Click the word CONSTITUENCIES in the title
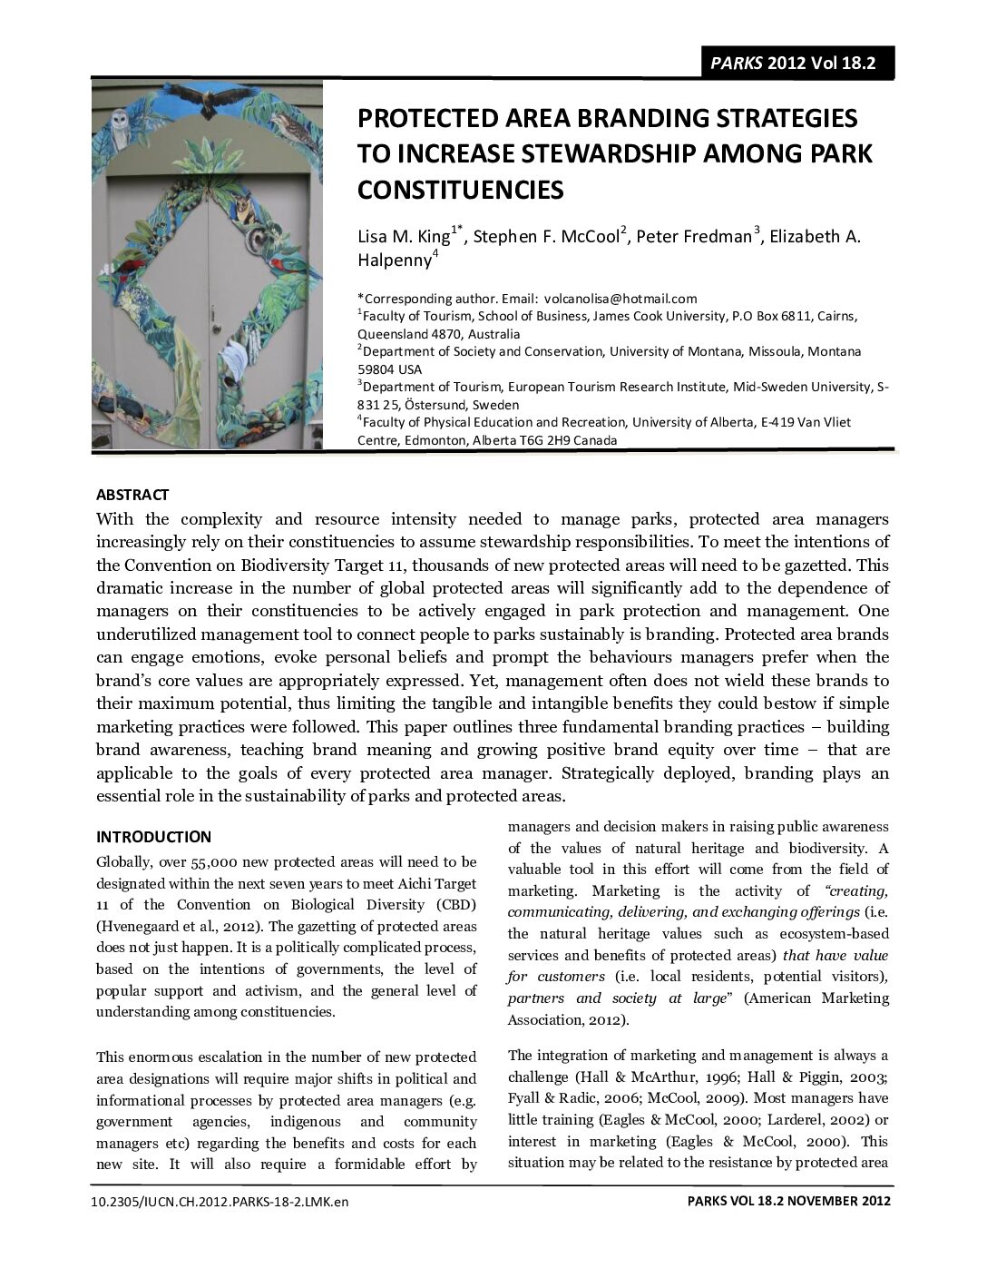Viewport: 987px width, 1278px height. click(460, 190)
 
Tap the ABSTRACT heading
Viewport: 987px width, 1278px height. click(132, 495)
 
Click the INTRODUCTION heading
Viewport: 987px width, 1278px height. click(153, 837)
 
